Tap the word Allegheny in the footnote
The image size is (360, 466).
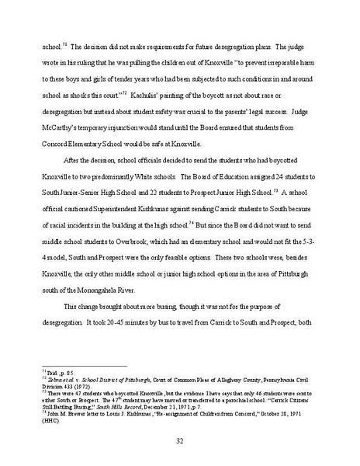pos(230,379)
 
